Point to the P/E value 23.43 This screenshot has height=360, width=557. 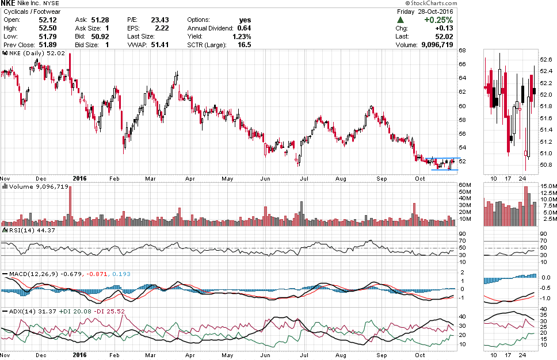[159, 20]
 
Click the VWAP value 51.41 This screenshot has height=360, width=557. [159, 44]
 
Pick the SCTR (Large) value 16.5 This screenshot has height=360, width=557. [244, 44]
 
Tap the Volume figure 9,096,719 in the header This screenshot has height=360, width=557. [429, 44]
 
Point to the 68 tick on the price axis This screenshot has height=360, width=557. [461, 51]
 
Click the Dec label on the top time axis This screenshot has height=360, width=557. [41, 178]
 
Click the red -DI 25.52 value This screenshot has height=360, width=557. [112, 311]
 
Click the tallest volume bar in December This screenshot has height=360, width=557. [70, 204]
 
